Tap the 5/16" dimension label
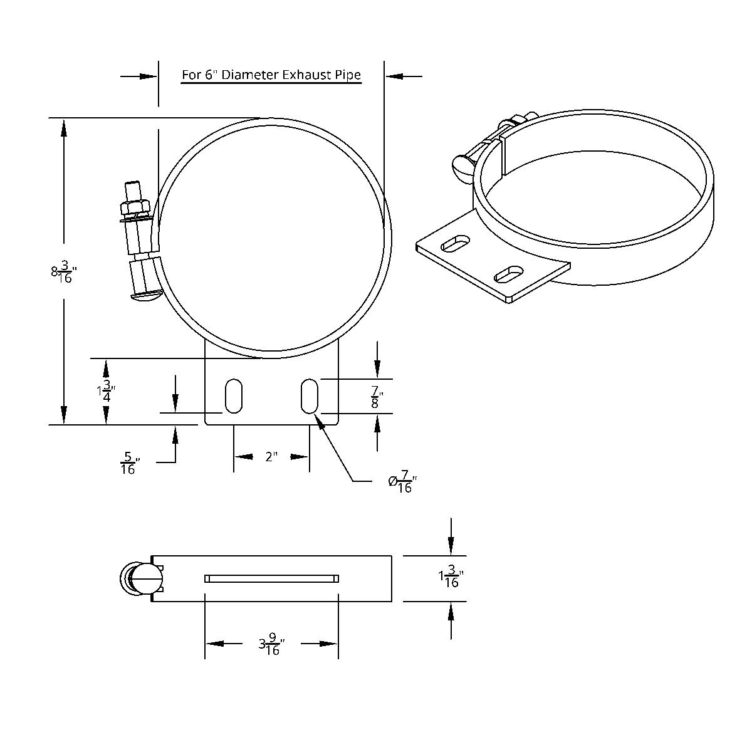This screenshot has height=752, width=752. tap(128, 463)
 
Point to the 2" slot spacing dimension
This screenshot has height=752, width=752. tap(271, 457)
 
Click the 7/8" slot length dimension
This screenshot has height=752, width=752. tap(377, 397)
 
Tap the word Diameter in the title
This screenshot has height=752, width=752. tap(250, 75)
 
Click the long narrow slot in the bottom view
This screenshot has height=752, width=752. tap(271, 578)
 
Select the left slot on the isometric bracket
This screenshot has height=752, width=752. tap(456, 243)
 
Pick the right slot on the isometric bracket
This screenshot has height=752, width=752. tap(509, 274)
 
